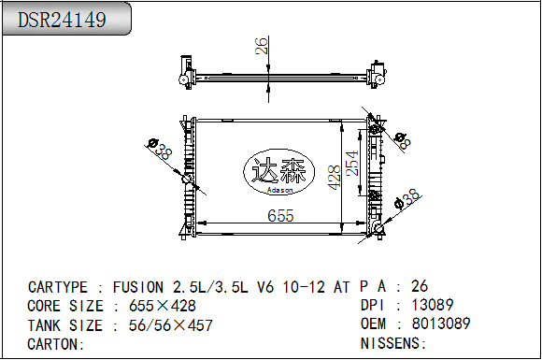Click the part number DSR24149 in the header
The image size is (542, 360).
[x=62, y=20]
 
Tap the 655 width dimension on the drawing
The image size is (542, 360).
[x=280, y=216]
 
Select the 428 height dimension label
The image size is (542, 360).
[x=335, y=178]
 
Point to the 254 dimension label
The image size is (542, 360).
[x=352, y=164]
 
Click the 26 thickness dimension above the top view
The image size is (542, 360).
[x=262, y=46]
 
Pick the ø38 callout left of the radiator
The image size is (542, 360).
[x=160, y=149]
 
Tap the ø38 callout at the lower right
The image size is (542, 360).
[x=407, y=199]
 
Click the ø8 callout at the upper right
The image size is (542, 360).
[x=403, y=141]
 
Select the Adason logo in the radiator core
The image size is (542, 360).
[x=279, y=172]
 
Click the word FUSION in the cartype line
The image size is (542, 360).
[x=138, y=287]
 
